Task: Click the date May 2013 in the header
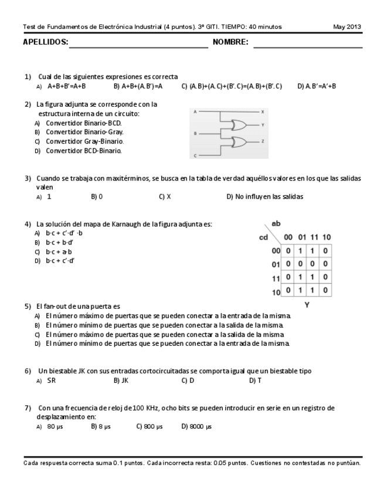pos(347,26)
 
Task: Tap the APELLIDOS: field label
pos(45,42)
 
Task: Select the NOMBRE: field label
pos(230,42)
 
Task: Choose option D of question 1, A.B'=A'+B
pos(317,86)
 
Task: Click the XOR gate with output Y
pos(240,125)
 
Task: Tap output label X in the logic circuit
pos(263,111)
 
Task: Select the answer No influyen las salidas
pos(265,196)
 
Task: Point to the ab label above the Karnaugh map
pos(275,224)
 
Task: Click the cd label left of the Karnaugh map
pos(264,237)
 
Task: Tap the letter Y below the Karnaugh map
pos(307,305)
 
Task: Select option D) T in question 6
pos(255,380)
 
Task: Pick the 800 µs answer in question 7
pos(149,426)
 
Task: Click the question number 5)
pos(28,306)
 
